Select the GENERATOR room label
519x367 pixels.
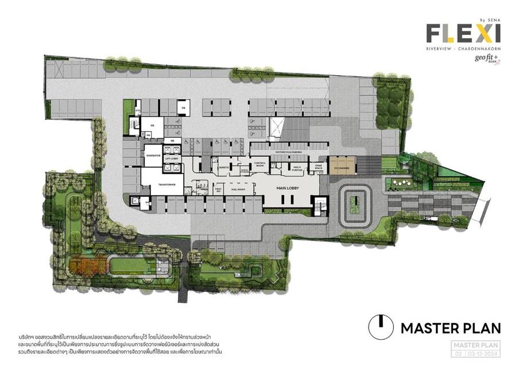click(x=153, y=155)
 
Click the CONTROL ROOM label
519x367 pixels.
click(x=261, y=163)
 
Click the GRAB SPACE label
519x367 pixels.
click(x=318, y=167)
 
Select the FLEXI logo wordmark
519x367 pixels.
click(x=463, y=34)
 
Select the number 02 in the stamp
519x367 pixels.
click(x=458, y=354)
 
